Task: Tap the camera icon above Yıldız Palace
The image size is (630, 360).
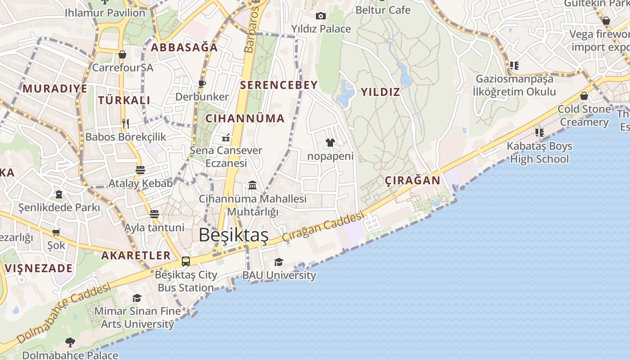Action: coord(320,16)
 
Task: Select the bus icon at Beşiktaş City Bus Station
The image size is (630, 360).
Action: coord(185,261)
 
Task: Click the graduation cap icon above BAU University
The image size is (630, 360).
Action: coord(279,262)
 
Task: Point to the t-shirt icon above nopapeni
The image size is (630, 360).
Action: coord(330,143)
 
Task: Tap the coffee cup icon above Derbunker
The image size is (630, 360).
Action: coord(202,84)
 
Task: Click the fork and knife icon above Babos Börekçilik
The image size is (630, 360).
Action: coord(126,123)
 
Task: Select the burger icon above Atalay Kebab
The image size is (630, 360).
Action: coord(140,170)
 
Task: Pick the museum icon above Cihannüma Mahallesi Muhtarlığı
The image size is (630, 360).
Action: coord(252,185)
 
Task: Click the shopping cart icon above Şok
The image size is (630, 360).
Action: coord(56,232)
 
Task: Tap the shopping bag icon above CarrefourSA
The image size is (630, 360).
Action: coord(122,54)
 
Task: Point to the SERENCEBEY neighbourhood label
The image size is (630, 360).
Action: coord(279,85)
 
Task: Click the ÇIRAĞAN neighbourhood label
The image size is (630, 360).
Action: coord(413,181)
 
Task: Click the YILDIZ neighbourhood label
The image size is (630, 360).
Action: coord(380,92)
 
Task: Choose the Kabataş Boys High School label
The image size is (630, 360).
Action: coord(539,153)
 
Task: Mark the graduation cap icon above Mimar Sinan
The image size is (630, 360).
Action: coord(137,298)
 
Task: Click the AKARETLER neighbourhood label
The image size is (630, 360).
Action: coord(136,256)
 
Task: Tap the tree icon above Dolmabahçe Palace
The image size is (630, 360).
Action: coord(70,342)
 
